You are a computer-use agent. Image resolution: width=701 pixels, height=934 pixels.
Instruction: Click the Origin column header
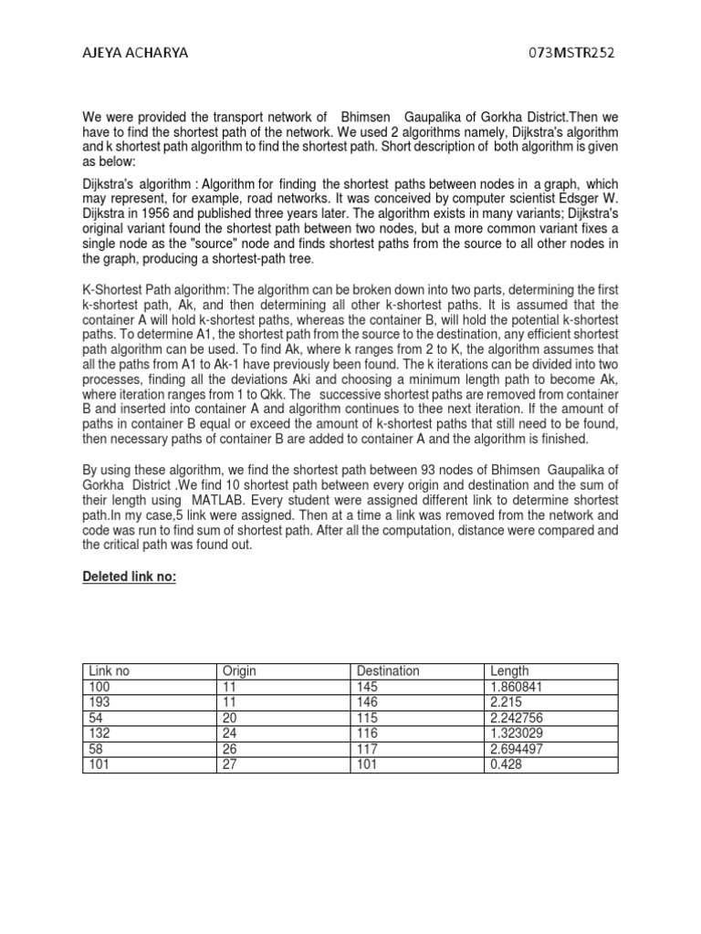238,670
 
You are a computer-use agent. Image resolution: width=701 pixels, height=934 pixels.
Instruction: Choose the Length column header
509,670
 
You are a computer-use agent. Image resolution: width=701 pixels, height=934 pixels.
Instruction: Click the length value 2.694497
518,748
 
